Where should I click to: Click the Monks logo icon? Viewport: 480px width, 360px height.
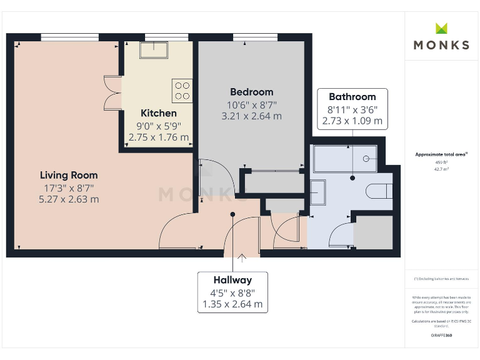point(442,28)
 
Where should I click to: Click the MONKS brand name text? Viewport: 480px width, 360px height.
point(441,45)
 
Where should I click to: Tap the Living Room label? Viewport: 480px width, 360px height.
point(69,175)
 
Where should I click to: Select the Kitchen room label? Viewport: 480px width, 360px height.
point(159,113)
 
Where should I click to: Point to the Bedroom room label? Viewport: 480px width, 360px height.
point(251,92)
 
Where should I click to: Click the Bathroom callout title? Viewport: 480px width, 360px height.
point(352,97)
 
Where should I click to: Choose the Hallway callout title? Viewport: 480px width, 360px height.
point(232,280)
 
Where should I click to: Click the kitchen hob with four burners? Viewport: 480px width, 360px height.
point(182,91)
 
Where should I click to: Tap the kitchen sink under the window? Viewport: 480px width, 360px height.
point(154,49)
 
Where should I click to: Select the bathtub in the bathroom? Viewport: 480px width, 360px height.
point(345,159)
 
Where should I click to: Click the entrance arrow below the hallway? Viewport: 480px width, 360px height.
point(242,256)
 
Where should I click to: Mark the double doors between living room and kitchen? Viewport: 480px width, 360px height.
point(112,93)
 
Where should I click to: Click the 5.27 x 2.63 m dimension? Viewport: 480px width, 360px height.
point(69,199)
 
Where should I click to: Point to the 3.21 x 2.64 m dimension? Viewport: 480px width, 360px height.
point(251,116)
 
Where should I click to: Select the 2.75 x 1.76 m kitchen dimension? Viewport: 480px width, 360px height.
point(159,137)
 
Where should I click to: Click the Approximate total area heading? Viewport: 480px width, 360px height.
point(441,154)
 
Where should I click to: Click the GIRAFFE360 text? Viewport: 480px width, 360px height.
point(441,336)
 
